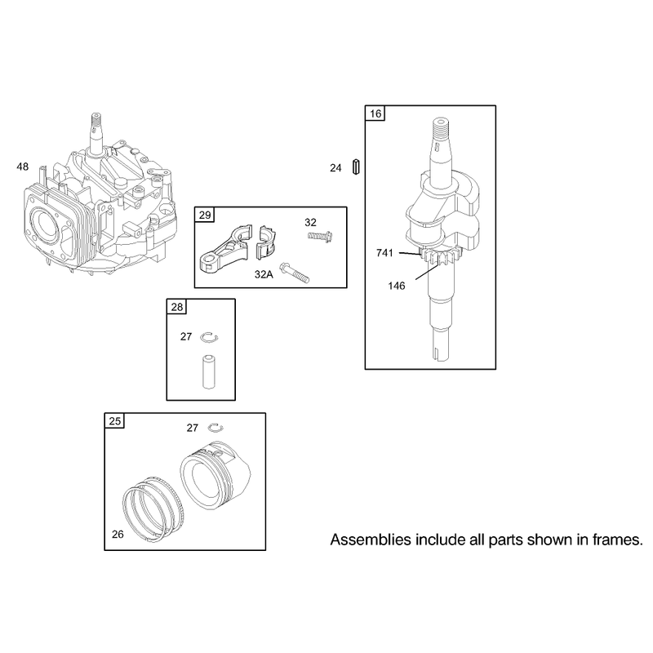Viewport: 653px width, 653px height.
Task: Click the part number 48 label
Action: point(23,167)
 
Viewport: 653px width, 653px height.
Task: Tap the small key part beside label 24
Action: point(356,167)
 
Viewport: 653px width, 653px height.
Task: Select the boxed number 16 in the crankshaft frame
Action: point(375,113)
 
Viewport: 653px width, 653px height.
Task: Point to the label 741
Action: point(384,253)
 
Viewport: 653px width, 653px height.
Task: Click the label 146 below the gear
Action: point(396,286)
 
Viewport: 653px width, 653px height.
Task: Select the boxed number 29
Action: point(205,215)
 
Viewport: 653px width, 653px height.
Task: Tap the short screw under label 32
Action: point(320,237)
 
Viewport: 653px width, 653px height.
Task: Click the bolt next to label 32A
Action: point(295,273)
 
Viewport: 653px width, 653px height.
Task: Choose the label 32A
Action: point(264,274)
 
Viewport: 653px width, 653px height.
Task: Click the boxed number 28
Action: point(177,308)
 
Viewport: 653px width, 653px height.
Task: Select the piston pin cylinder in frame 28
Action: point(209,371)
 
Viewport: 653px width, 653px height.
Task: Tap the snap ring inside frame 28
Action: point(209,338)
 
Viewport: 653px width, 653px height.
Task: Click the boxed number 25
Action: point(114,421)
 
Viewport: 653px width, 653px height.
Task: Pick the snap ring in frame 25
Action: point(215,427)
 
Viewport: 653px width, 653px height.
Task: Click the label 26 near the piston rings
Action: point(118,535)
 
